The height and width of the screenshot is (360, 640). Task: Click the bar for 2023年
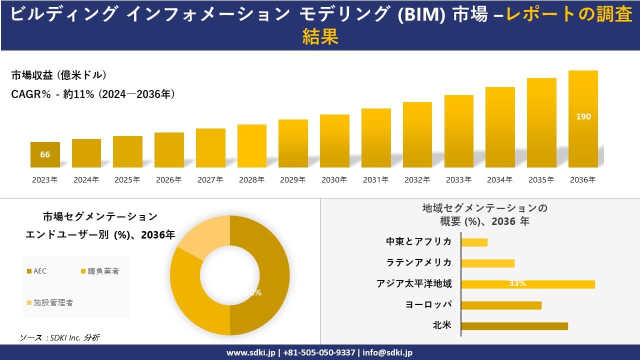pyautogui.click(x=45, y=154)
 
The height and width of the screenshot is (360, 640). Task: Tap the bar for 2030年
pyautogui.click(x=334, y=141)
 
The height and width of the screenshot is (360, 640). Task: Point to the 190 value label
pyautogui.click(x=583, y=116)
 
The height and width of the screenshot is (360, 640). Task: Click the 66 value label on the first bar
pyautogui.click(x=45, y=154)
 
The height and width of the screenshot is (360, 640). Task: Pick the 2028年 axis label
pyautogui.click(x=251, y=180)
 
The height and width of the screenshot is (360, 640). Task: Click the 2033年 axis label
pyautogui.click(x=458, y=180)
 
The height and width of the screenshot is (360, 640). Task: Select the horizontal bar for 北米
pyautogui.click(x=514, y=326)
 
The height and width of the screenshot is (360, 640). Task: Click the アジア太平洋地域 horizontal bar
pyautogui.click(x=527, y=284)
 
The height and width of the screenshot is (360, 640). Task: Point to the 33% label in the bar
pyautogui.click(x=517, y=283)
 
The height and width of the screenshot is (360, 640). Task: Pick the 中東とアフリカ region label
pyautogui.click(x=418, y=241)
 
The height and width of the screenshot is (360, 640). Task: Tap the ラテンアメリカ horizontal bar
pyautogui.click(x=487, y=263)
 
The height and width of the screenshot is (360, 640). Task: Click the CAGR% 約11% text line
pyautogui.click(x=93, y=94)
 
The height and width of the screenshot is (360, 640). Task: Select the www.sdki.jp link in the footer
pyautogui.click(x=250, y=352)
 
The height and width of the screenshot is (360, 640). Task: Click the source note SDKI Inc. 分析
pyautogui.click(x=60, y=337)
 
